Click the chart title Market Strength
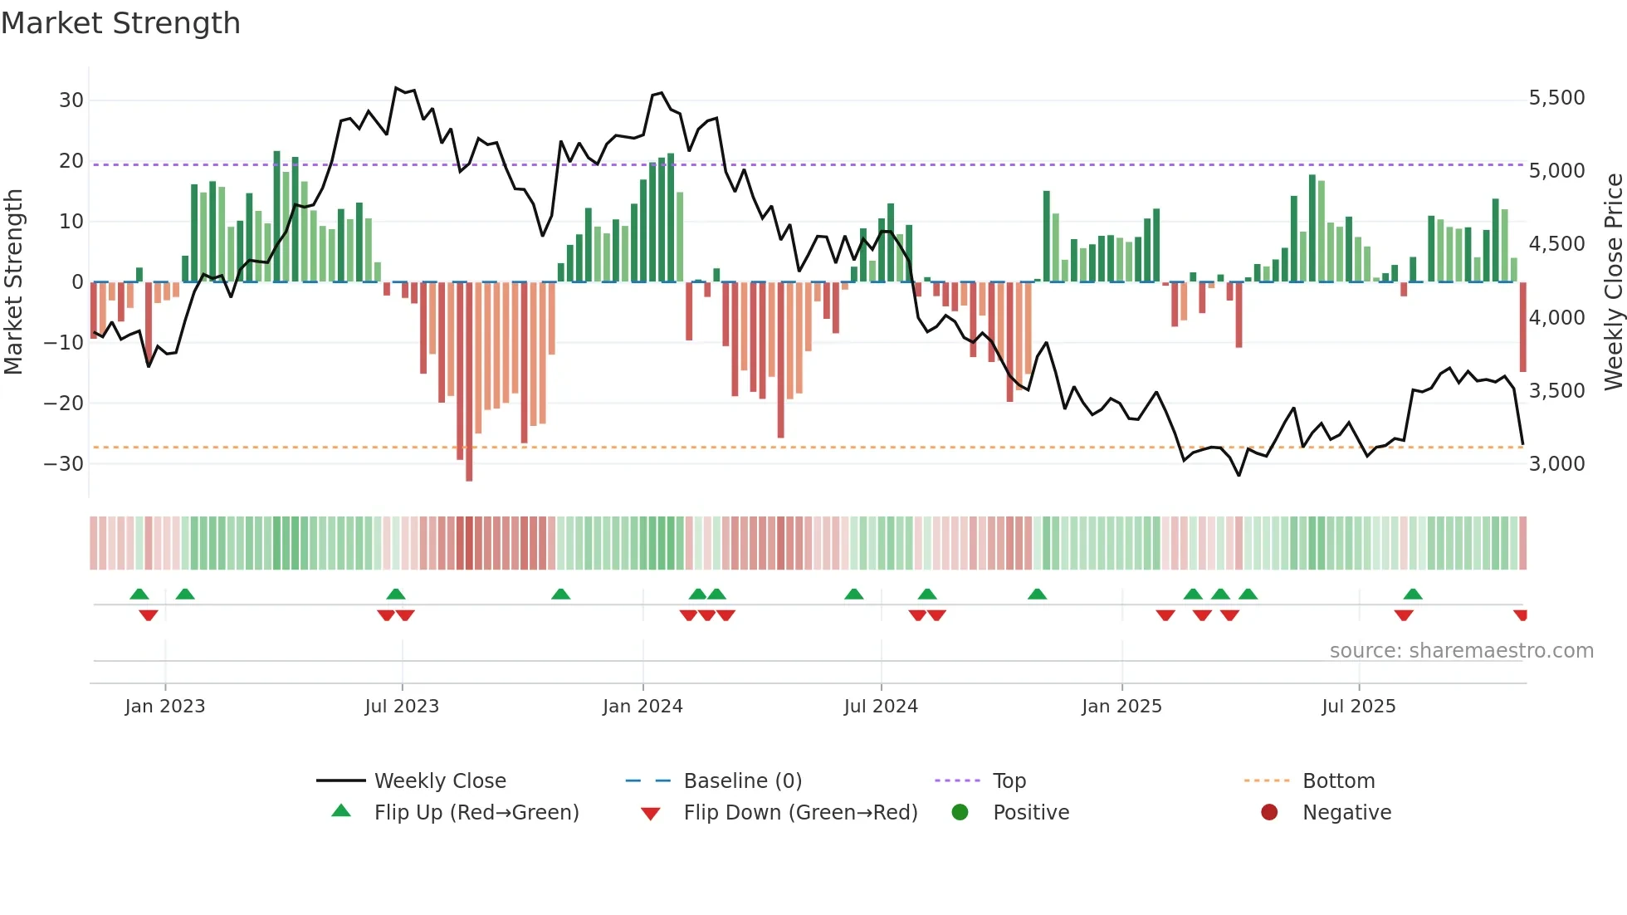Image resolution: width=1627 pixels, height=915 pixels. tap(120, 23)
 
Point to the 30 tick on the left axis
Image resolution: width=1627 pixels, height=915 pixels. tap(71, 100)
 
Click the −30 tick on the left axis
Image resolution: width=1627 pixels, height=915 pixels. tap(65, 463)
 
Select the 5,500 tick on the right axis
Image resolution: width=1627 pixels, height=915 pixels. tap(1556, 98)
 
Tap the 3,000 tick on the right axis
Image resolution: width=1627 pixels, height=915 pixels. tap(1556, 463)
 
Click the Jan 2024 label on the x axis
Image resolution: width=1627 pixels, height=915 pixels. tap(642, 706)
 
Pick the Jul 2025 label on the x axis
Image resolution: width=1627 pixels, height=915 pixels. tap(1358, 706)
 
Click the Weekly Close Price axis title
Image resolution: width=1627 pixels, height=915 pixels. tap(1613, 281)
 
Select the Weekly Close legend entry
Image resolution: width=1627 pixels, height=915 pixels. tap(439, 780)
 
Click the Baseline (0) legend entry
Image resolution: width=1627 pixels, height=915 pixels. tap(742, 780)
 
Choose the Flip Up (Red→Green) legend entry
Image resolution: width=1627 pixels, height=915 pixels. tap(476, 812)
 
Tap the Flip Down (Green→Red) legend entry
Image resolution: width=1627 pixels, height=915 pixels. tap(800, 812)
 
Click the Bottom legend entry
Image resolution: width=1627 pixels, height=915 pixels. tap(1338, 780)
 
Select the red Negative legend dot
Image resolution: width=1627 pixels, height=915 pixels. tap(1269, 812)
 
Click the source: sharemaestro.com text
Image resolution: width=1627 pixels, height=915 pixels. tap(1461, 650)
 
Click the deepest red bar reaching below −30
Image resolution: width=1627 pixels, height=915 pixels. tap(469, 382)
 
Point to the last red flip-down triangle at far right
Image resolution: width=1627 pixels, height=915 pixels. tap(1520, 615)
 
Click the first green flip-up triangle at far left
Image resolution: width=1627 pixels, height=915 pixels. tap(139, 594)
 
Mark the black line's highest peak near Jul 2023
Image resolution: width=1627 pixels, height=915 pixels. tap(397, 87)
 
